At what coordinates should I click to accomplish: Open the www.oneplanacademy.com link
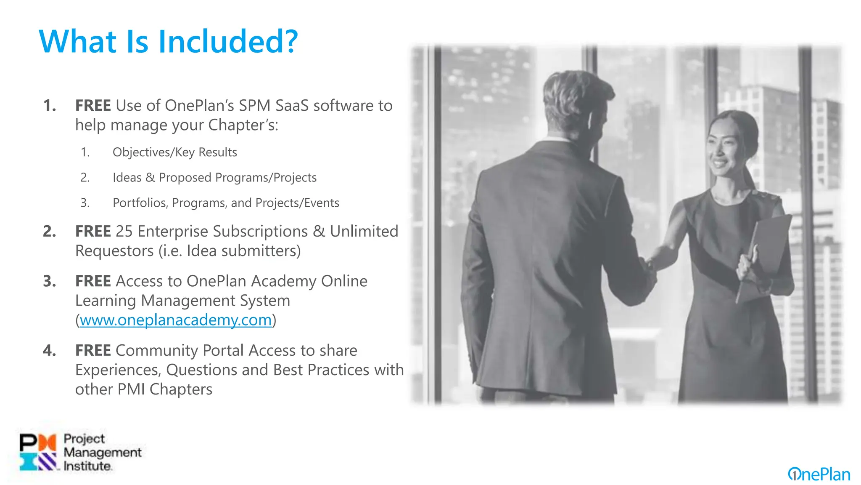pyautogui.click(x=176, y=320)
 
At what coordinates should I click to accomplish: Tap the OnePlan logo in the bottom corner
pyautogui.click(x=819, y=474)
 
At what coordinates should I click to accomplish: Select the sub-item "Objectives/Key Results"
pyautogui.click(x=174, y=152)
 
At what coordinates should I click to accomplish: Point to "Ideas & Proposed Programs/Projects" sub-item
pyautogui.click(x=214, y=177)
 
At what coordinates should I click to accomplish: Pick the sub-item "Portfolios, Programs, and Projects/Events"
pyautogui.click(x=226, y=203)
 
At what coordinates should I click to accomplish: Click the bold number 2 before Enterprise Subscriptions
pyautogui.click(x=49, y=231)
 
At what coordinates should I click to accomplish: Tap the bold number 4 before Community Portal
pyautogui.click(x=49, y=350)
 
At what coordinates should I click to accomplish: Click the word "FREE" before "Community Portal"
pyautogui.click(x=93, y=350)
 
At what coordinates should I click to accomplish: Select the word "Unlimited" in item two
pyautogui.click(x=364, y=231)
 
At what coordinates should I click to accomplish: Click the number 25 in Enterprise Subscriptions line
pyautogui.click(x=124, y=231)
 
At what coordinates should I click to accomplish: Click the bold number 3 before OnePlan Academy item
pyautogui.click(x=49, y=281)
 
